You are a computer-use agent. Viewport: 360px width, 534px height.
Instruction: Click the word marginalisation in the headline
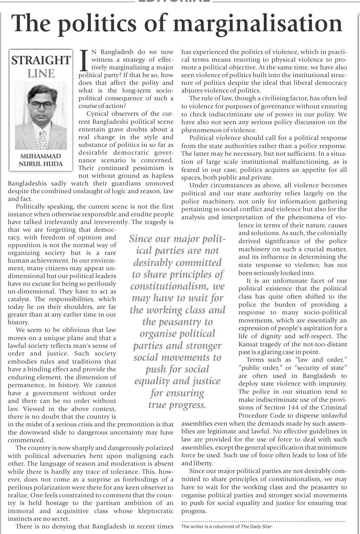click(x=258, y=23)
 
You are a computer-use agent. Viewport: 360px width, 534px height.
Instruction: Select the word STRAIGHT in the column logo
click(x=41, y=61)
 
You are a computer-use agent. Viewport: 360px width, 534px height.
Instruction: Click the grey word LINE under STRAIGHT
click(x=41, y=74)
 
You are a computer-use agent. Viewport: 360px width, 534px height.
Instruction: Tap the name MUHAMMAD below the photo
click(x=41, y=156)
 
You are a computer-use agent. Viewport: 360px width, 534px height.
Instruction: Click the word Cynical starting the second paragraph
click(x=98, y=114)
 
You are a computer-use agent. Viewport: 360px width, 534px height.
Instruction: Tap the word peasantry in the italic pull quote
click(x=194, y=322)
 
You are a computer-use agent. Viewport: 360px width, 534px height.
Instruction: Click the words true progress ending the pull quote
click(x=177, y=405)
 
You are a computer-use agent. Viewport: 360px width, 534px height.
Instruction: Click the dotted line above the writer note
click(x=263, y=521)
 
